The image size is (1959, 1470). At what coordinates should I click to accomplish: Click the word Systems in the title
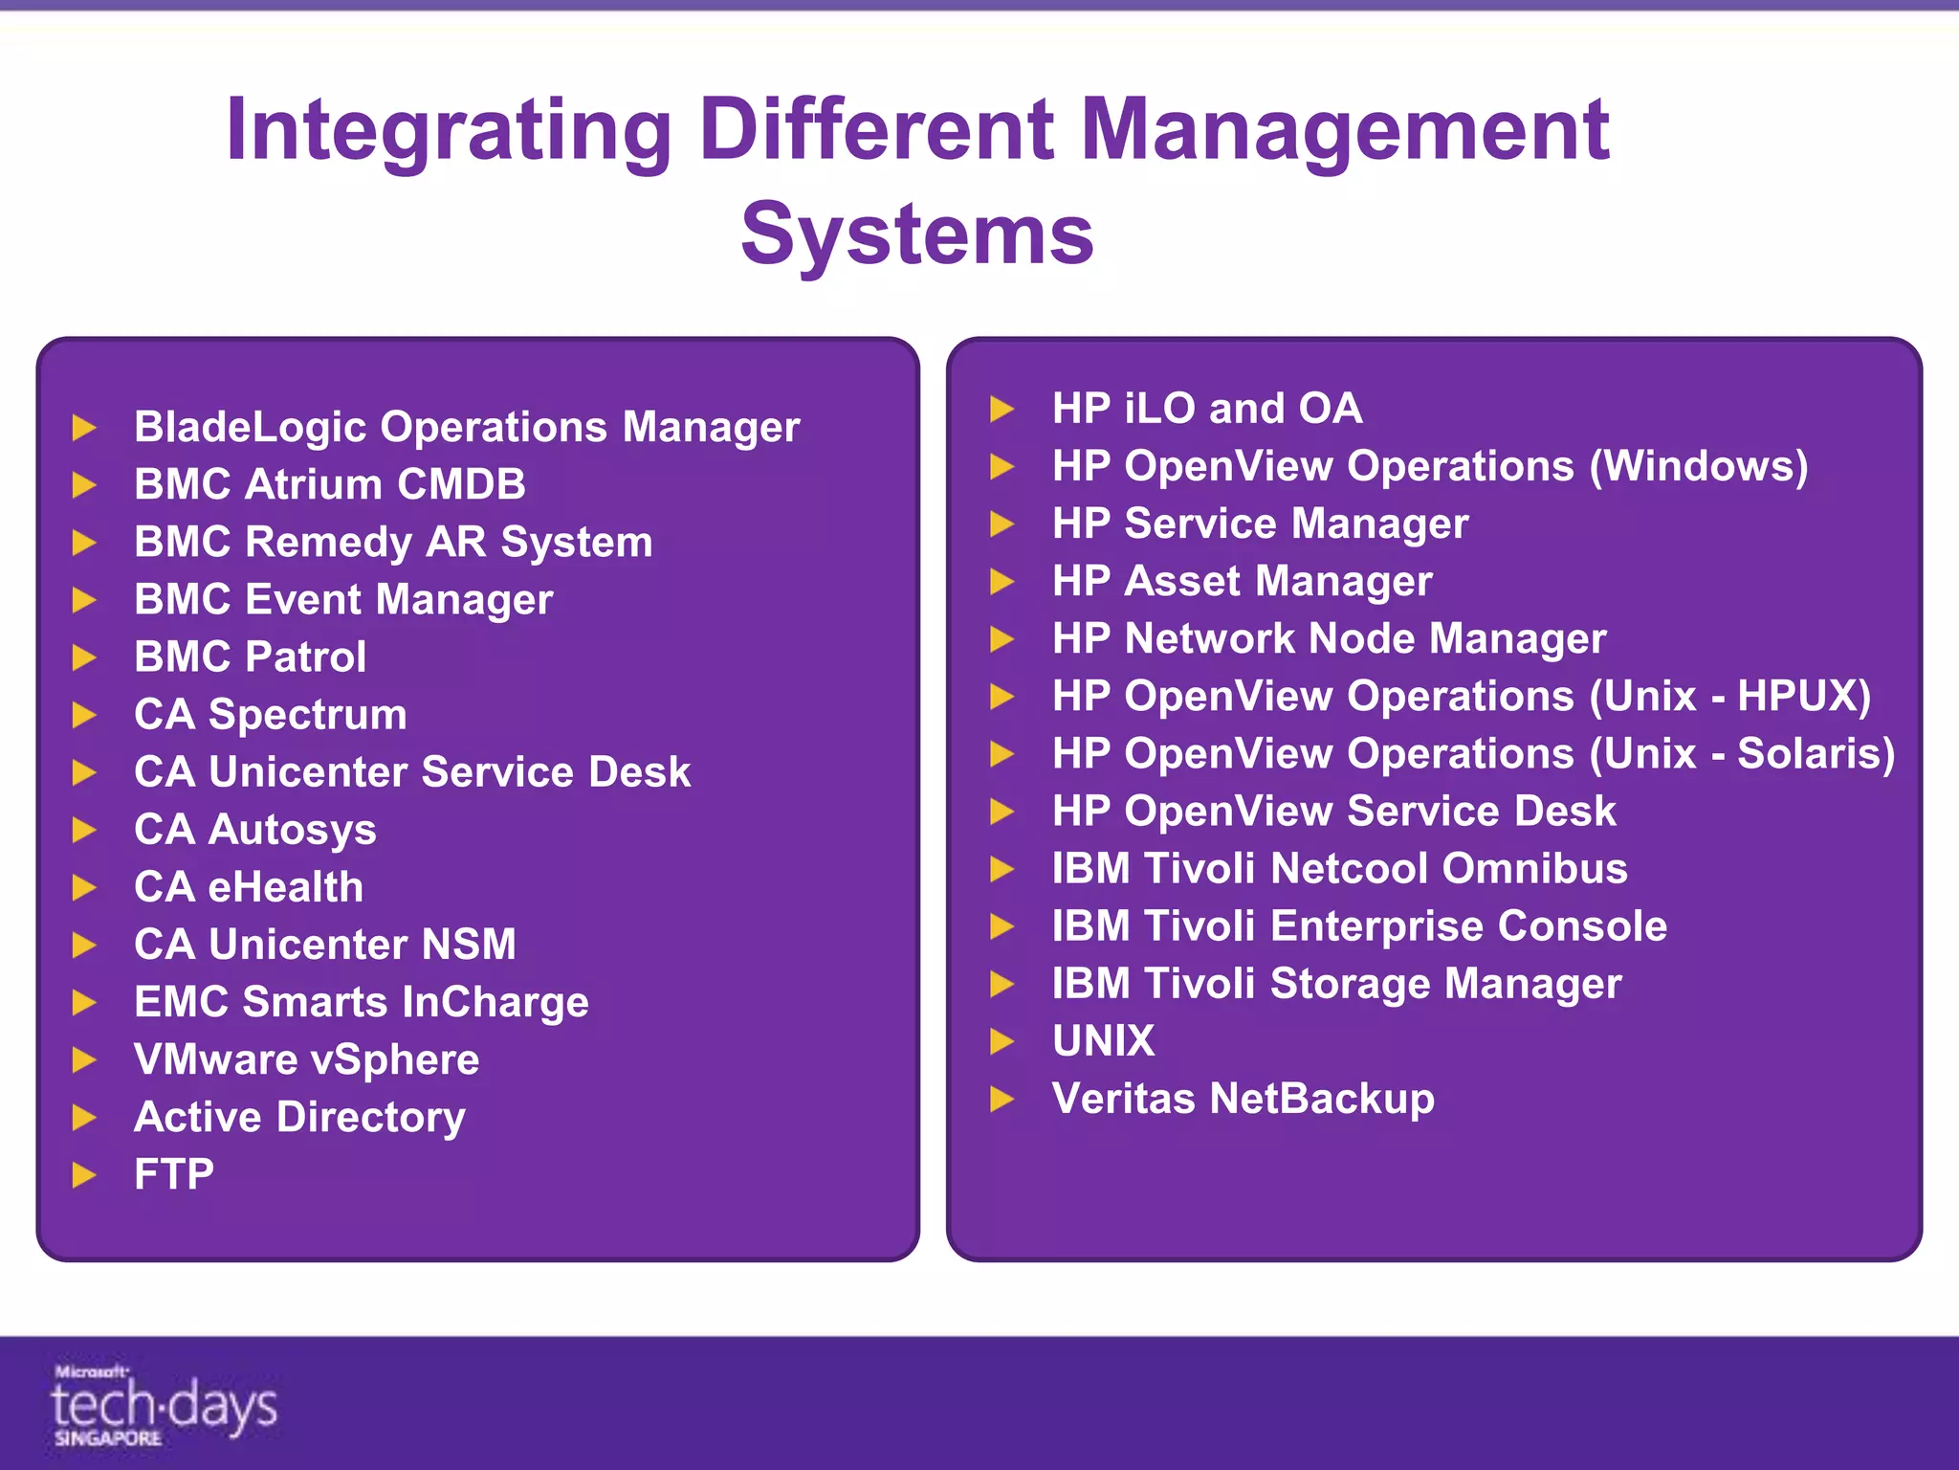click(917, 234)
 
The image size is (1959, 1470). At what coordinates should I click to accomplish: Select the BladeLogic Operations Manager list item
click(467, 427)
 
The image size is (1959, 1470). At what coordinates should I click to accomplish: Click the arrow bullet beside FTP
click(85, 1175)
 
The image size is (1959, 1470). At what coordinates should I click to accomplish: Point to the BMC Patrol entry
click(250, 657)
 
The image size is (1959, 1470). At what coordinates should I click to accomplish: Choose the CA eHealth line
click(249, 887)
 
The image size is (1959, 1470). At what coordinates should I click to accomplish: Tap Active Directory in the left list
click(299, 1117)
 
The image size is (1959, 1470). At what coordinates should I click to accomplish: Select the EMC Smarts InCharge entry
click(361, 1002)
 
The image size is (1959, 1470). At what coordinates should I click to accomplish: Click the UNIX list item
click(1103, 1040)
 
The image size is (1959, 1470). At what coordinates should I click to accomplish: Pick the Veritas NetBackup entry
click(1243, 1098)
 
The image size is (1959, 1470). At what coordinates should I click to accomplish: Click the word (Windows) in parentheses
click(1699, 466)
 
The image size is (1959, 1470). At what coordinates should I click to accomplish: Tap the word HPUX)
click(1804, 696)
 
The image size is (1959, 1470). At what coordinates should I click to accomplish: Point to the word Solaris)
click(1816, 753)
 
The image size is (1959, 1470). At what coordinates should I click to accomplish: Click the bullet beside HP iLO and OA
click(1002, 409)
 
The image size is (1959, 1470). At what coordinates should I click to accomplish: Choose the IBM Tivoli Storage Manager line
click(1336, 983)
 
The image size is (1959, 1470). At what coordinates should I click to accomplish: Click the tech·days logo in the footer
click(164, 1405)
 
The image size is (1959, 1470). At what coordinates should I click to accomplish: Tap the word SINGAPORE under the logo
click(107, 1438)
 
